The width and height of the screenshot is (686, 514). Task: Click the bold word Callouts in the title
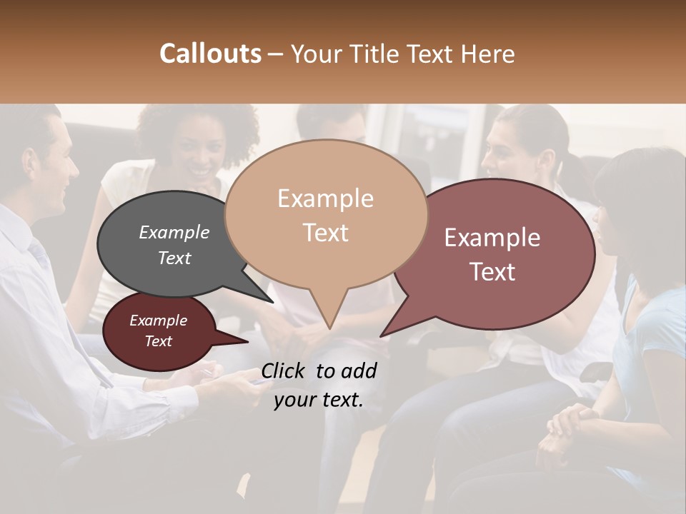click(210, 54)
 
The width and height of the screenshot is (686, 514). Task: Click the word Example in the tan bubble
click(325, 198)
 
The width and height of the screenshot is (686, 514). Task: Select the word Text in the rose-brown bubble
click(492, 271)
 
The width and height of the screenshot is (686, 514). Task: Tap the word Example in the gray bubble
click(174, 232)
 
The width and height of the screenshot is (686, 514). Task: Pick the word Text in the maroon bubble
click(159, 341)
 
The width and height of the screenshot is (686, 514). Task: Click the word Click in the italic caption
click(284, 371)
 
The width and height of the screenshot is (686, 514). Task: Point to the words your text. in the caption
click(318, 400)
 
